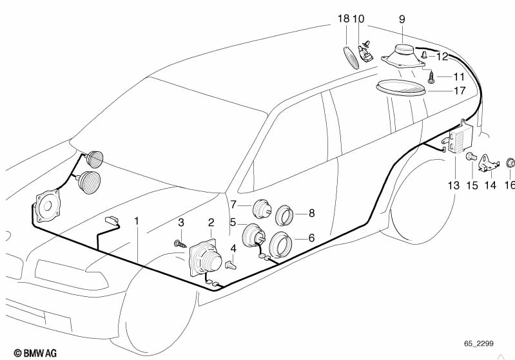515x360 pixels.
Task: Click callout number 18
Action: click(343, 20)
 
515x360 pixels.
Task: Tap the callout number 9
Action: click(402, 20)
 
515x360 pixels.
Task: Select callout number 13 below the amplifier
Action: click(454, 185)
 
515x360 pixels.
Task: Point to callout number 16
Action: click(509, 185)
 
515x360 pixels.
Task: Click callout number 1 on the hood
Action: click(137, 222)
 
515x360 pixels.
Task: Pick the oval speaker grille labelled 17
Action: click(400, 88)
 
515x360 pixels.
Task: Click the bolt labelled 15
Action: click(471, 156)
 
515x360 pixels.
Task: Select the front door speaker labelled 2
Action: click(208, 257)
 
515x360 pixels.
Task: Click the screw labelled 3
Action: click(179, 243)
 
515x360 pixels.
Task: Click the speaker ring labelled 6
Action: click(281, 245)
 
